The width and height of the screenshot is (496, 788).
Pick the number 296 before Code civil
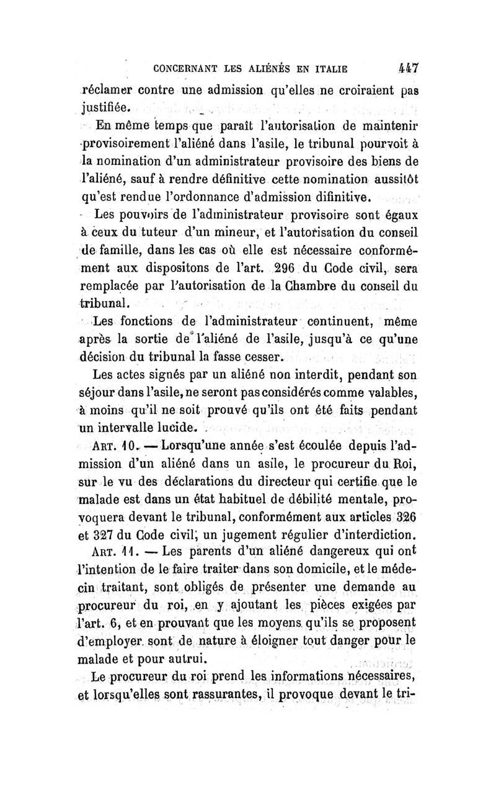click(x=294, y=269)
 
